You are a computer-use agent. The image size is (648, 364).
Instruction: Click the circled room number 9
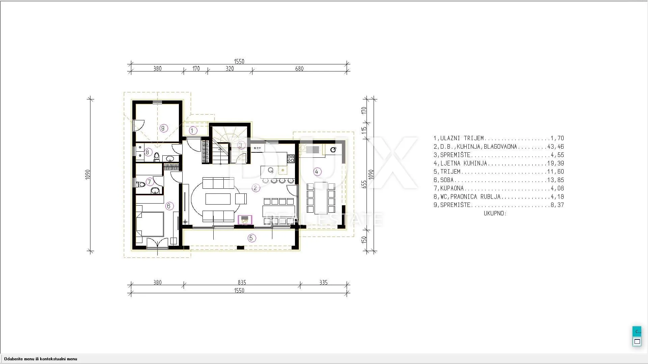click(164, 128)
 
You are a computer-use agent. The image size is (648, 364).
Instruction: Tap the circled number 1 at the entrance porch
click(193, 130)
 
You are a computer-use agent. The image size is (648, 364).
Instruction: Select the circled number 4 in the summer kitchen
click(317, 172)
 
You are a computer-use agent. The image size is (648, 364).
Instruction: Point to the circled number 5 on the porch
click(251, 238)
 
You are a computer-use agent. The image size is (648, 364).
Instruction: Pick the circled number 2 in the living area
click(255, 188)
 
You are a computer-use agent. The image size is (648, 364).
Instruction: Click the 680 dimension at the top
click(299, 69)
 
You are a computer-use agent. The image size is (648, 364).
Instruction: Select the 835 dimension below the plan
click(242, 282)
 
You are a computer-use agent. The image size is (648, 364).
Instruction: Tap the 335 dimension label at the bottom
click(323, 282)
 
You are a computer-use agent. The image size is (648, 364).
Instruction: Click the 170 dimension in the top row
click(196, 69)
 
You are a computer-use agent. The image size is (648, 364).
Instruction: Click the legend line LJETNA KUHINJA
click(499, 163)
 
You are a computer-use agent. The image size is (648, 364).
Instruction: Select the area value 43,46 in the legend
click(557, 147)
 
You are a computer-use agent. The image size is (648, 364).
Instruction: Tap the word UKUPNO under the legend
click(495, 213)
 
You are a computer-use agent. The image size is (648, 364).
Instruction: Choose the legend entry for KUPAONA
click(499, 188)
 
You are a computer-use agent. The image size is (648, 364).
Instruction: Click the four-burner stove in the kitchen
click(291, 158)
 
